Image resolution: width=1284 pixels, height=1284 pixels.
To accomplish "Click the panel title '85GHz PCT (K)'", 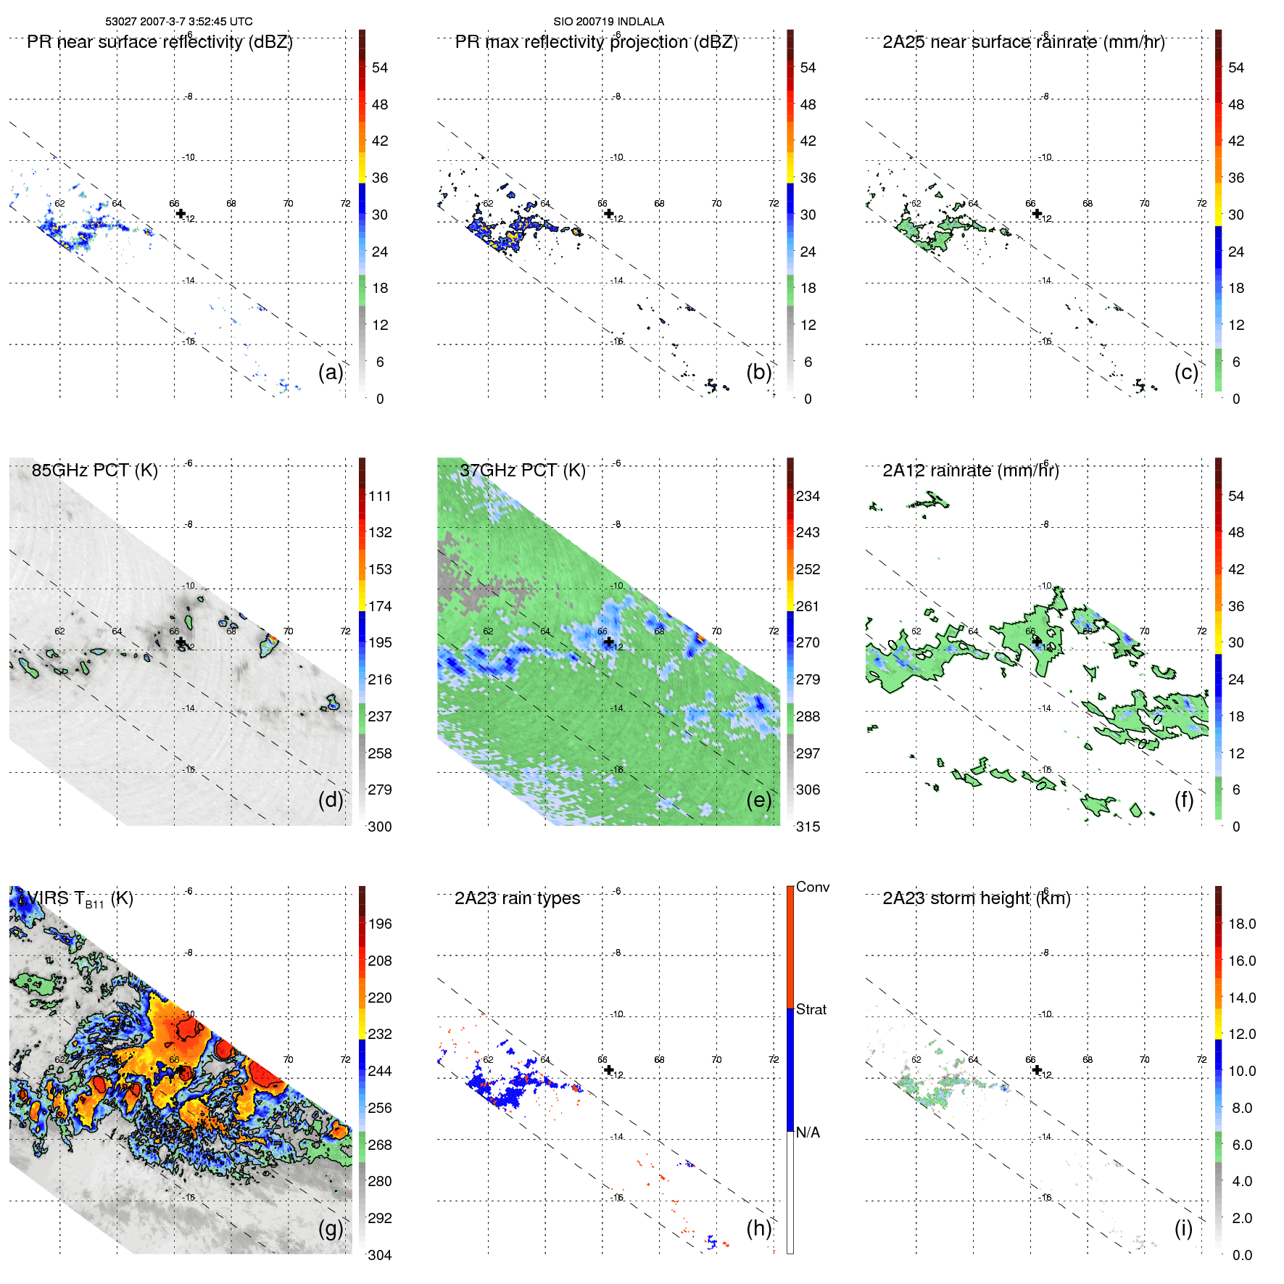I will [94, 471].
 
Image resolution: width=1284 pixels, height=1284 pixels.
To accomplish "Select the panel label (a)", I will [331, 372].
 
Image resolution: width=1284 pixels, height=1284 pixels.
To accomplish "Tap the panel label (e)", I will [759, 800].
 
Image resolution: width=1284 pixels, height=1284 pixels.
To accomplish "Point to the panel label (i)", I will [1183, 1228].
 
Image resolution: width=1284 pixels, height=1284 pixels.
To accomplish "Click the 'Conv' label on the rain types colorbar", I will [812, 887].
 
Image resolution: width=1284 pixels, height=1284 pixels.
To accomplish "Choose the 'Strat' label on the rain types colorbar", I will [811, 1009].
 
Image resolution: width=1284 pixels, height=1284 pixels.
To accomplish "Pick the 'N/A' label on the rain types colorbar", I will [808, 1132].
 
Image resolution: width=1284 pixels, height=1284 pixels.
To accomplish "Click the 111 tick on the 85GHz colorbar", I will [379, 496].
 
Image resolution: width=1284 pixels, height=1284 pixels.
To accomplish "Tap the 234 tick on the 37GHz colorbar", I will [808, 496].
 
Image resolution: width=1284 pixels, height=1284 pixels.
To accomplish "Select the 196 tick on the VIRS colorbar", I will [379, 924].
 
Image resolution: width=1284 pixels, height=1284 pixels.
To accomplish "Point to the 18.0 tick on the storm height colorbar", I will [1241, 924].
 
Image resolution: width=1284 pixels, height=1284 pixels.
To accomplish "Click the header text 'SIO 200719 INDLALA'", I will [608, 22].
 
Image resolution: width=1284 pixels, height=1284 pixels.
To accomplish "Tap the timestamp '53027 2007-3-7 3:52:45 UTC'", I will [179, 22].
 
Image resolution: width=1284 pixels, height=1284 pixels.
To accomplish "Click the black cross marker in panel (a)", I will [181, 213].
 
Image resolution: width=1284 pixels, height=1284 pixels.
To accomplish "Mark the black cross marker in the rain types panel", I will [609, 1069].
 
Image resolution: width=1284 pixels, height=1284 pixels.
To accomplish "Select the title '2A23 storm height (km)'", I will [976, 898].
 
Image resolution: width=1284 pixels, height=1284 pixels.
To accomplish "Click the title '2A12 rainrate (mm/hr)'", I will [970, 471].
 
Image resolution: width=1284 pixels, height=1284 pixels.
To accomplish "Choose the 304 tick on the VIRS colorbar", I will [379, 1255].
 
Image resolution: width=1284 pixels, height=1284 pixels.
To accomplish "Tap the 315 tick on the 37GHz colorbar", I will [808, 827].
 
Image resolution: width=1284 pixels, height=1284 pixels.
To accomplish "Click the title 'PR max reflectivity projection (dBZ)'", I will [596, 42].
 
